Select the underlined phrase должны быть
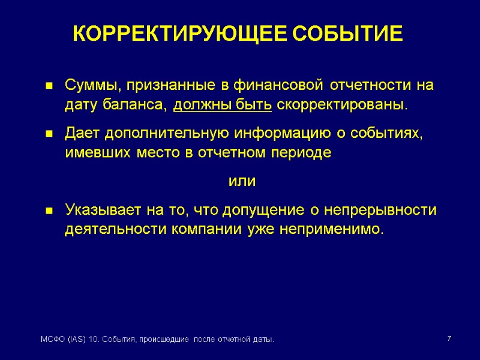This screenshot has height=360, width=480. tap(223, 106)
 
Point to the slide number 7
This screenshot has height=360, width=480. tap(449, 340)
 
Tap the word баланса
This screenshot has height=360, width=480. tap(139, 106)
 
